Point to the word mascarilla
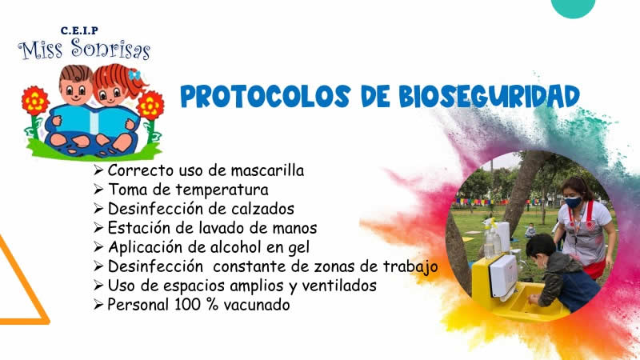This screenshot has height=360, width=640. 265,170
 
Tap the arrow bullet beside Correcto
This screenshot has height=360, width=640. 98,170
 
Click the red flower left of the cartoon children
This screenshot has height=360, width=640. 34,102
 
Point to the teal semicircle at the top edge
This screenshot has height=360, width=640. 574,6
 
